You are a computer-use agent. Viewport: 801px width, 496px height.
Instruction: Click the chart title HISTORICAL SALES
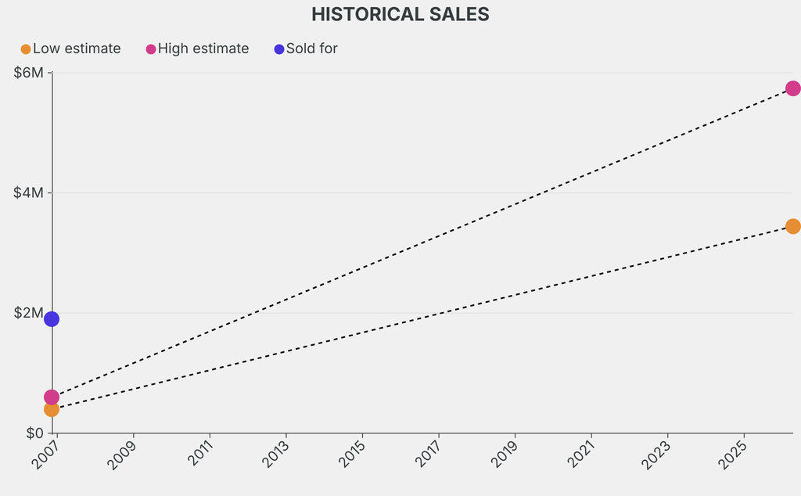400,14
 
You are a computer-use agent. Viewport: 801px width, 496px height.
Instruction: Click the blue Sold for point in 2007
52,318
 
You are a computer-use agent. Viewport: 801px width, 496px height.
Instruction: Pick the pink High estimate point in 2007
52,397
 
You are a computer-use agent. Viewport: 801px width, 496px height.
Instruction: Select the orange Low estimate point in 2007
52,409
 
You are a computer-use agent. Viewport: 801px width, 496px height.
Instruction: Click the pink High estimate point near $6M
792,88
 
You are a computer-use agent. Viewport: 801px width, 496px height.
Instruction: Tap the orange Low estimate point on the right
792,226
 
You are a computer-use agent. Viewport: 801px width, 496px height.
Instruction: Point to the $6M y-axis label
30,73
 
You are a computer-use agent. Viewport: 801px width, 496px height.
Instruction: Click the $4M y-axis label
30,193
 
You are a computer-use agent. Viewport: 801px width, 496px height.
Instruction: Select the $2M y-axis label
30,313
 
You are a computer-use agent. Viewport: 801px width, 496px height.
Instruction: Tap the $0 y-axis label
34,433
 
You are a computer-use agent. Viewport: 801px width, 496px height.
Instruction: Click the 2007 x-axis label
47,453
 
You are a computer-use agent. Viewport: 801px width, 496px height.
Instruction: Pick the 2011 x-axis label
199,453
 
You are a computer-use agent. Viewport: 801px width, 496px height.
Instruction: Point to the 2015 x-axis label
352,453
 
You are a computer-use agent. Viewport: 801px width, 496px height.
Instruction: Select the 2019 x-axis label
505,453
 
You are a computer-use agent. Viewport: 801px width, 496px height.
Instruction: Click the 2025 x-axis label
734,453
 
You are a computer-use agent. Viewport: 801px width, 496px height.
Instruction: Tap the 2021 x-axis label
581,453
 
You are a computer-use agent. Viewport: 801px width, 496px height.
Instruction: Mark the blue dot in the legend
279,49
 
